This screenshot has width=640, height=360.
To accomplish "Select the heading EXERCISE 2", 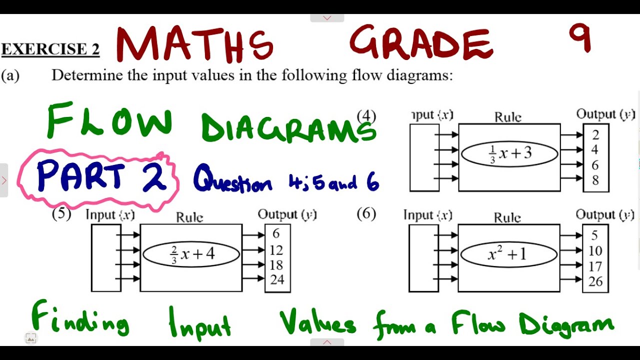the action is [x=50, y=49].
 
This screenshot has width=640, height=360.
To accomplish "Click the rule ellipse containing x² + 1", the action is [x=508, y=254].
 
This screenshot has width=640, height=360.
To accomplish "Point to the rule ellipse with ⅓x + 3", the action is [x=509, y=154].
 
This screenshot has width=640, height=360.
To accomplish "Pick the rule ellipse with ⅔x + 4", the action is [x=191, y=254].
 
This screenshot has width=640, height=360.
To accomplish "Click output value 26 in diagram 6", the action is [x=595, y=282].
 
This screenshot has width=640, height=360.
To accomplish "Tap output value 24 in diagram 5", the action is [x=277, y=279].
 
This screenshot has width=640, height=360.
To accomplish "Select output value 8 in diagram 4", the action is [x=595, y=180].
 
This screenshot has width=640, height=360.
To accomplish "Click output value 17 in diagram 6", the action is [x=595, y=266].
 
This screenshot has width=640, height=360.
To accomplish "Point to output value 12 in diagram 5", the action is [x=276, y=250].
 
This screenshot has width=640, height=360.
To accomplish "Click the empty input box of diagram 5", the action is [x=105, y=258].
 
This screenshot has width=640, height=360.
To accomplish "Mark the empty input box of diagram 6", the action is [x=423, y=258].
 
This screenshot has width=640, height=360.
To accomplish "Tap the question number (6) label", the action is [x=366, y=214].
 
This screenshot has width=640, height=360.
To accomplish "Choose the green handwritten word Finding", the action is [x=80, y=320].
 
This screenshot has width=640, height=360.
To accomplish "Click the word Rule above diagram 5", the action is [x=189, y=217].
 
